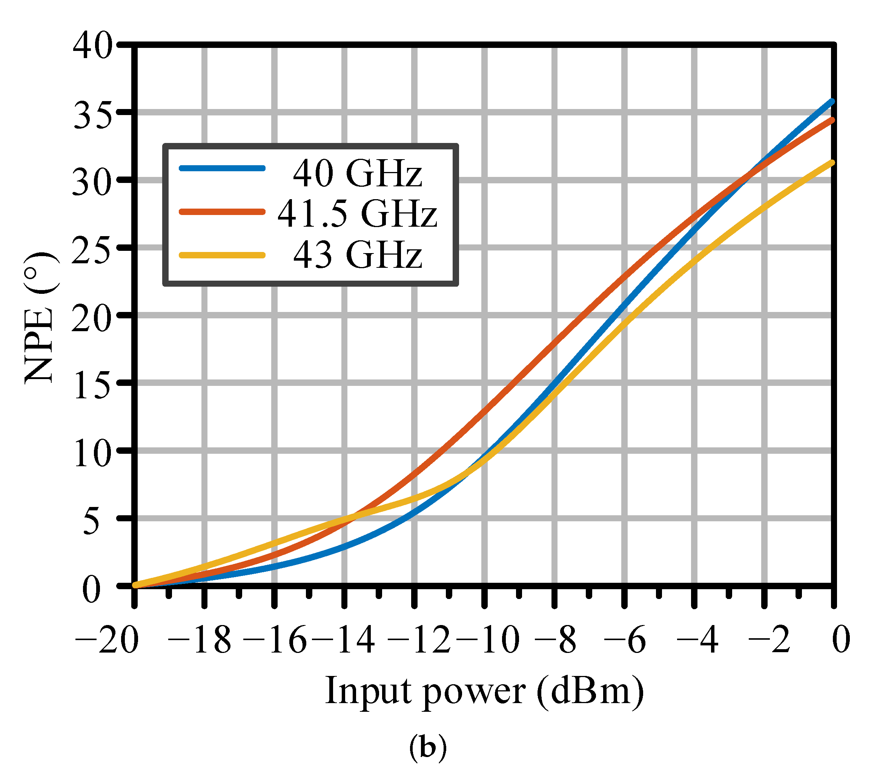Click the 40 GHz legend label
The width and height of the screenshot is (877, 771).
[358, 174]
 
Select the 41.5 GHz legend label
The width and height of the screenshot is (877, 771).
[358, 213]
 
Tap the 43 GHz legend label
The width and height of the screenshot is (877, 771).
[358, 255]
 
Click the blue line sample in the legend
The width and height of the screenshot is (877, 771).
[222, 168]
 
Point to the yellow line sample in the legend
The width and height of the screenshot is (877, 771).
[222, 255]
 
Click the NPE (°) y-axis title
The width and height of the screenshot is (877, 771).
[40, 318]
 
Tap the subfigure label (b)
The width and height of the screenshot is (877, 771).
[428, 747]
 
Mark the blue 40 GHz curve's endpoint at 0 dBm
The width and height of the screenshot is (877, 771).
[832, 102]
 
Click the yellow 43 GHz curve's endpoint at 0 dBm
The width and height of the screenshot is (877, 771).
[832, 163]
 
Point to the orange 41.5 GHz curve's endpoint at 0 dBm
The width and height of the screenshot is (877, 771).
[832, 120]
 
